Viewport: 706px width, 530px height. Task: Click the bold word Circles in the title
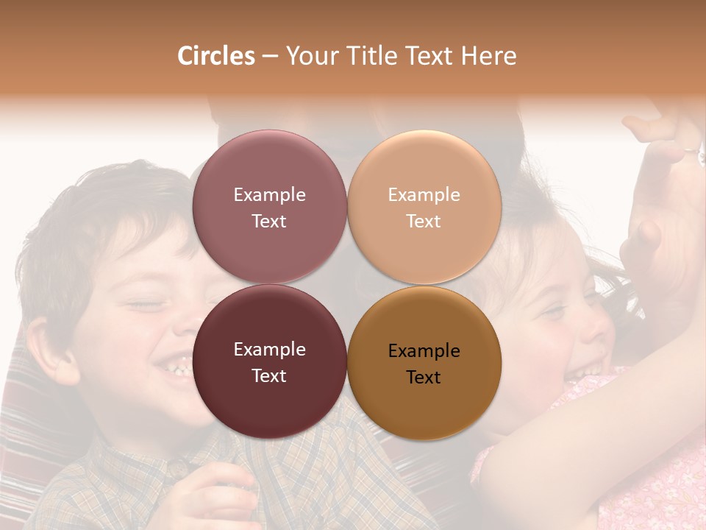click(216, 56)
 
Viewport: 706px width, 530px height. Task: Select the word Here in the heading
click(488, 56)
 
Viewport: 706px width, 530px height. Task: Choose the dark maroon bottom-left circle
click(269, 397)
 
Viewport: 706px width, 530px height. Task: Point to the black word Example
click(424, 351)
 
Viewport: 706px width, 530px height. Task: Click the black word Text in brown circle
click(424, 378)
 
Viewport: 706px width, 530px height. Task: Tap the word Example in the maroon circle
click(269, 350)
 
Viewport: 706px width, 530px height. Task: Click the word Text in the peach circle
click(424, 222)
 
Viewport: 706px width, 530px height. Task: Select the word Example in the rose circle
click(269, 195)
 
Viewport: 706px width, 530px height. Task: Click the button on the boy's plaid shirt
click(177, 466)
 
